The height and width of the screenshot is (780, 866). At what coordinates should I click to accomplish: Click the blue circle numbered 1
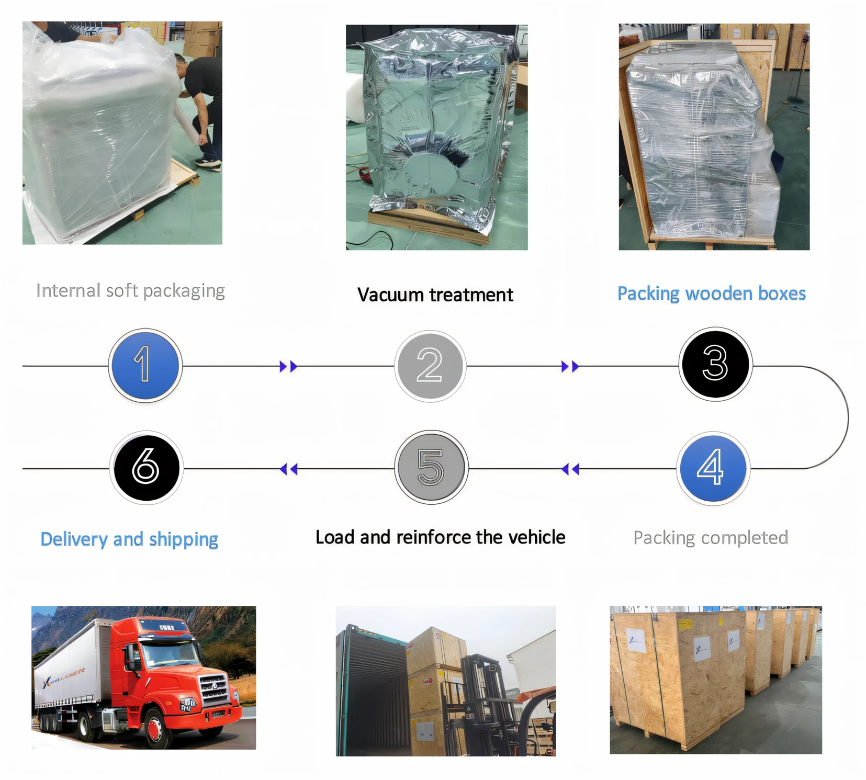(145, 365)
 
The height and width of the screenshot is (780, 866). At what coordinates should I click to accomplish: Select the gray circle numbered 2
(430, 366)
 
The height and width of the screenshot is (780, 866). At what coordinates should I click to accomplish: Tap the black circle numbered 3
(715, 364)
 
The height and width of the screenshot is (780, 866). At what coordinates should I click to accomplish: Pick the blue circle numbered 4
(713, 468)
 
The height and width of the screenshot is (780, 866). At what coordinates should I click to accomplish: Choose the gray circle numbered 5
(431, 467)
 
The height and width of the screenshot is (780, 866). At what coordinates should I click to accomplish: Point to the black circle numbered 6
(147, 467)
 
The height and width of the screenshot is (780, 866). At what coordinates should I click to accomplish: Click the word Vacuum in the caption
(390, 295)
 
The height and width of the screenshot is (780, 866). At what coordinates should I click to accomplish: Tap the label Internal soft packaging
(130, 291)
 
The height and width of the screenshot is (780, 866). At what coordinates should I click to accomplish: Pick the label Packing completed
(711, 538)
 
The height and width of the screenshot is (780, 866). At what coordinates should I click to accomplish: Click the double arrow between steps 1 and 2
(288, 366)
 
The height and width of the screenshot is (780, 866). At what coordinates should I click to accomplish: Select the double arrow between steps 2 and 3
(570, 366)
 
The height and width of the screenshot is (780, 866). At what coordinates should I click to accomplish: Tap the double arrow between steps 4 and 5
(570, 469)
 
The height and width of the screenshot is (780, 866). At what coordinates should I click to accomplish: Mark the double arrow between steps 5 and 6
(288, 469)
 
